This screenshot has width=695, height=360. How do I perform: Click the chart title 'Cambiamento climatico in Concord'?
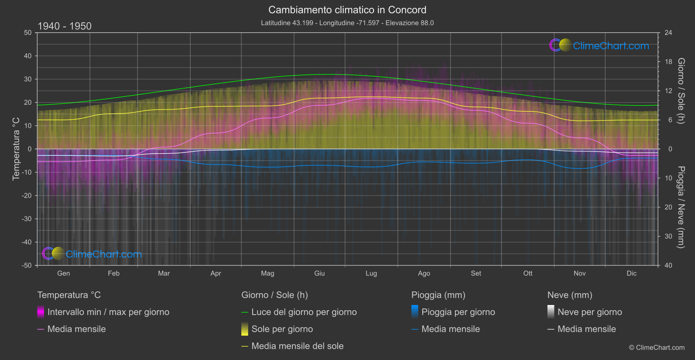[x=347, y=10]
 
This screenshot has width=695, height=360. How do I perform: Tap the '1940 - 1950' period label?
[x=65, y=26]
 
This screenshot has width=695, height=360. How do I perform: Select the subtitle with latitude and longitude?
[x=347, y=23]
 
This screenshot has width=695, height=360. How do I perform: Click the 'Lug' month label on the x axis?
[x=371, y=273]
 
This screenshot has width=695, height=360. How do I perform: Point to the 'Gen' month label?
[x=63, y=273]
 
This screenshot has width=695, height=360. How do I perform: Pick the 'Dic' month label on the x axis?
[x=631, y=273]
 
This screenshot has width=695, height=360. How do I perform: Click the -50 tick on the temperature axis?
[x=27, y=265]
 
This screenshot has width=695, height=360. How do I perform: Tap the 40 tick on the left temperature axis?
[x=27, y=56]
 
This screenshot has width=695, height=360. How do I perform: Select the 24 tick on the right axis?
[x=668, y=33]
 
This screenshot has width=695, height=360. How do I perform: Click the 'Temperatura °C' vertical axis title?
[x=16, y=149]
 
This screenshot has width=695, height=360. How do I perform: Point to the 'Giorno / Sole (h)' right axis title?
[x=681, y=91]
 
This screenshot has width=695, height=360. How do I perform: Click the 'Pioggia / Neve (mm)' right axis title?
[x=681, y=207]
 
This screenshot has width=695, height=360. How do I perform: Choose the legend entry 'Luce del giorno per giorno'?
[x=304, y=312]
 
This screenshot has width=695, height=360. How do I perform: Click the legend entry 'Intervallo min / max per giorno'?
[x=108, y=312]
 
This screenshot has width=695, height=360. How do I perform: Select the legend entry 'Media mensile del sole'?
[x=297, y=346]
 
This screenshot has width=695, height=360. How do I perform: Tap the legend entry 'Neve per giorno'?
[x=589, y=312]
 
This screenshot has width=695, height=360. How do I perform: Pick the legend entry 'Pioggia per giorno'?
[x=458, y=312]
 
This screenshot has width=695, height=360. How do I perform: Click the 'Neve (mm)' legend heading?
[x=570, y=295]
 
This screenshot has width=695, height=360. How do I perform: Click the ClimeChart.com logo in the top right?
[x=599, y=45]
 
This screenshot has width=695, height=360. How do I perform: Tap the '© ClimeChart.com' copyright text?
[x=657, y=347]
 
